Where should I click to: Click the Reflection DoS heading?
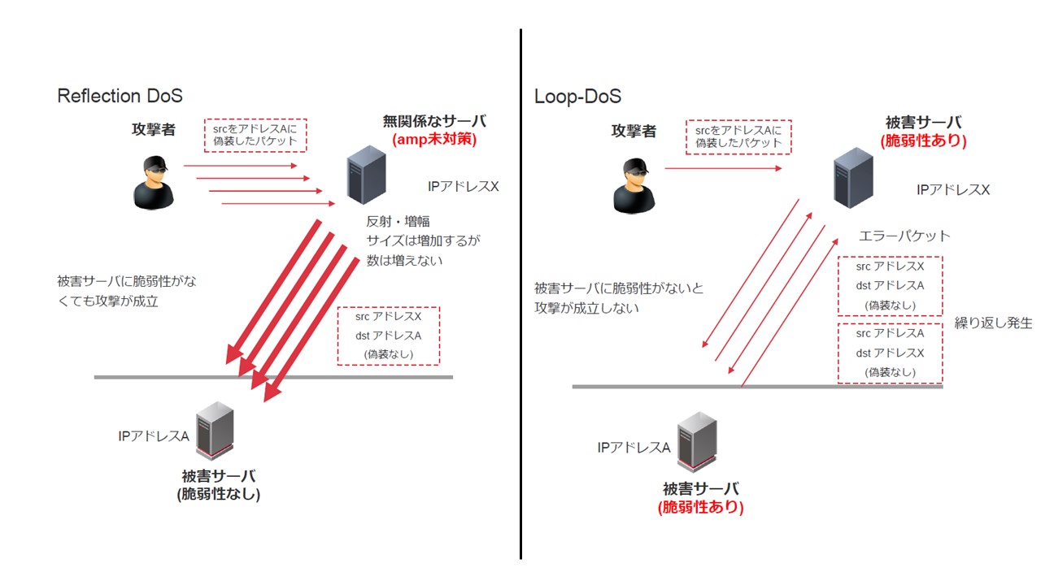click(120, 96)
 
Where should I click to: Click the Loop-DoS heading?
click(577, 97)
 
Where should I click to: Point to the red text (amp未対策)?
click(433, 139)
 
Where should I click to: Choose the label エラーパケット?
click(904, 236)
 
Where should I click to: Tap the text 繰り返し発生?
click(993, 323)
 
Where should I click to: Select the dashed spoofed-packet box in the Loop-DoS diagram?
click(738, 136)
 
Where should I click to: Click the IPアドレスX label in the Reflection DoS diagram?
click(463, 186)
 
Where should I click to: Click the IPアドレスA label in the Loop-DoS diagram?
click(633, 448)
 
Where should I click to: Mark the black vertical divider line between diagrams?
click(520, 292)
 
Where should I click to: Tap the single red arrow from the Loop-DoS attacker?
click(723, 168)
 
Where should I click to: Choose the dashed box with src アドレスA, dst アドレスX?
click(890, 353)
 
